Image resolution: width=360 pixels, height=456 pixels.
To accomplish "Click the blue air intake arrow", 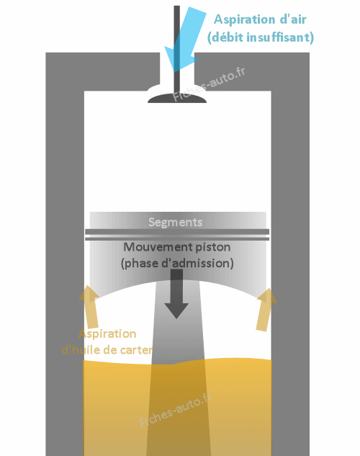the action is pyautogui.click(x=185, y=40).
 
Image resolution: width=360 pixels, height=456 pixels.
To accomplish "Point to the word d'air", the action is pyautogui.click(x=293, y=19).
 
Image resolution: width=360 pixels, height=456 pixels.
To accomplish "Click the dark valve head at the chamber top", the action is pyautogui.click(x=177, y=98).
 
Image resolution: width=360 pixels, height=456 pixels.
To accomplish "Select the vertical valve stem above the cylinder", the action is pyautogui.click(x=176, y=50).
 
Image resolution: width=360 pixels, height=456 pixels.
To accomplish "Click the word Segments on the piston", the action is pyautogui.click(x=175, y=222).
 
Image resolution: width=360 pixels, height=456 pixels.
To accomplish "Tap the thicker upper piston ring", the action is pyautogui.click(x=177, y=232).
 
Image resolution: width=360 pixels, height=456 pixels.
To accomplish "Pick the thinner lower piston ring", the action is pyautogui.click(x=177, y=238).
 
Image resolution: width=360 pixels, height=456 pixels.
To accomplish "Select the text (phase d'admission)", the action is pyautogui.click(x=177, y=263).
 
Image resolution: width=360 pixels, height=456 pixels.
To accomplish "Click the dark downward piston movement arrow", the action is pyautogui.click(x=176, y=294).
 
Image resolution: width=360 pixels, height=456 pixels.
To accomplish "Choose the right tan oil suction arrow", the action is pyautogui.click(x=265, y=310).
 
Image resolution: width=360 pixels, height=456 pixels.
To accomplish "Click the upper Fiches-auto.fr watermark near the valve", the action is pyautogui.click(x=209, y=84).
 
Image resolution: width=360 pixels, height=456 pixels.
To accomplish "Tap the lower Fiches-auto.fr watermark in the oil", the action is pyautogui.click(x=175, y=410).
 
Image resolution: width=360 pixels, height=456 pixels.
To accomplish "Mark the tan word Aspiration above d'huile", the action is pyautogui.click(x=107, y=334).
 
